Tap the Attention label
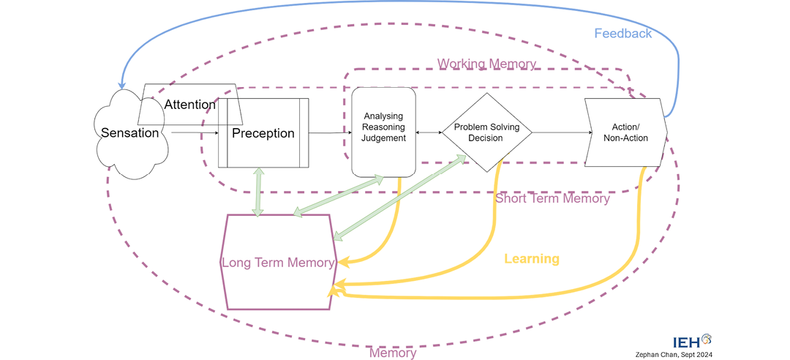(189, 105)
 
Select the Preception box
(263, 133)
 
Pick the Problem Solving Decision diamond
(486, 132)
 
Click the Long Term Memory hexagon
(278, 262)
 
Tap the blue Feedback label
(622, 34)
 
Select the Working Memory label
(486, 64)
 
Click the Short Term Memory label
(552, 198)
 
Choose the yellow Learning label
(532, 258)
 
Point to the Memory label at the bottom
(393, 353)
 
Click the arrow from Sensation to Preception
(195, 133)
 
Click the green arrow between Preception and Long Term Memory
(257, 191)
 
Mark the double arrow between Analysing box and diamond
(429, 132)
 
